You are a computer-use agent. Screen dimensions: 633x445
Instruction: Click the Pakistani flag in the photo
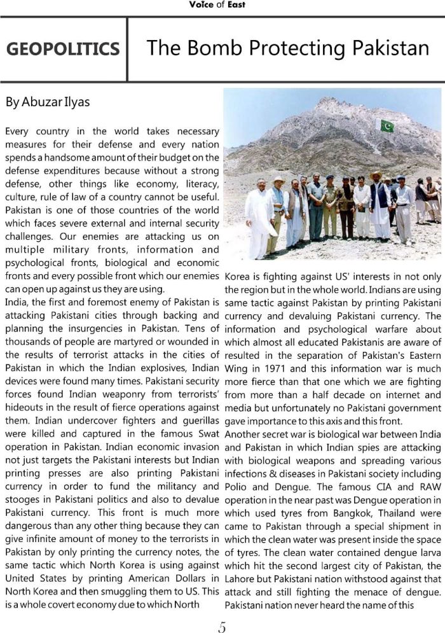tap(387, 125)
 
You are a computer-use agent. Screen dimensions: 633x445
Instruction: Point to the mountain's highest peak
tap(329, 101)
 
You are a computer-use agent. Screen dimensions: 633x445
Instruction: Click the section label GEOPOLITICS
tap(62, 49)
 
